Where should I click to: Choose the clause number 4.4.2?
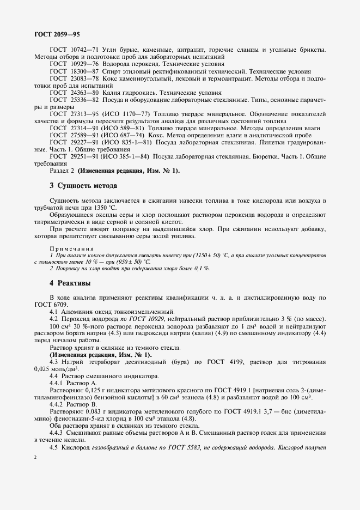(58, 404)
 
